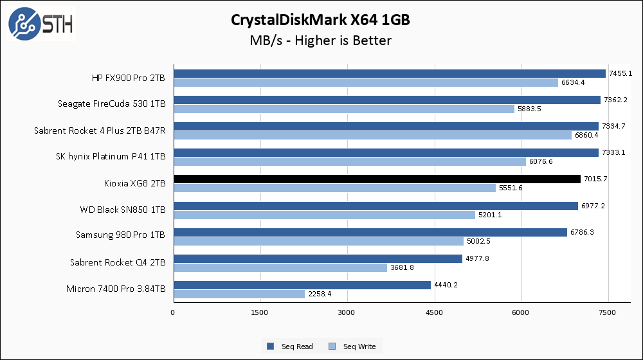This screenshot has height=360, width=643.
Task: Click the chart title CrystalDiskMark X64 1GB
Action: [321, 20]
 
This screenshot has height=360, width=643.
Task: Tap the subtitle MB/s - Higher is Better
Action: [321, 40]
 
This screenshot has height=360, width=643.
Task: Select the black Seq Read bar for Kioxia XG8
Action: [377, 179]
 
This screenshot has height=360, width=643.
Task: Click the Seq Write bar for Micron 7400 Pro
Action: [239, 294]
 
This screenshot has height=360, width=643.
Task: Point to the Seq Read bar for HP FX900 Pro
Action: [390, 73]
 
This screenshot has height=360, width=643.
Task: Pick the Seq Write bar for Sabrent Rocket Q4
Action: [280, 267]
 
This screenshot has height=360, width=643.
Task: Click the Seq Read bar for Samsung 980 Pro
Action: [370, 232]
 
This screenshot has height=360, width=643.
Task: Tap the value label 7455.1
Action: [620, 73]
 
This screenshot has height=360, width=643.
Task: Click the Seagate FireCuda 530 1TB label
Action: [111, 104]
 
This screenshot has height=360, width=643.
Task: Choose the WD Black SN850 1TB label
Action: [123, 210]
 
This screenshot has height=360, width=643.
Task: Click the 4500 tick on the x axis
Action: [434, 312]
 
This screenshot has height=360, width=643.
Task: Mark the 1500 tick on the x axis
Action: [260, 312]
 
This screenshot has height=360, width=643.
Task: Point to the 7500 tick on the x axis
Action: [608, 312]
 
